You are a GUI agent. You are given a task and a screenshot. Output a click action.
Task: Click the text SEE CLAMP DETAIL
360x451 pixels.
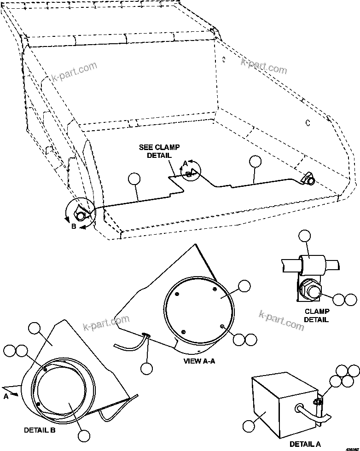point(159,151)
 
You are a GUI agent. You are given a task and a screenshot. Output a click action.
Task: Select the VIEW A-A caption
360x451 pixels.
point(198,361)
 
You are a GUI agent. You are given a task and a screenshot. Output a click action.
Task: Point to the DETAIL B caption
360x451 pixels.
point(40,430)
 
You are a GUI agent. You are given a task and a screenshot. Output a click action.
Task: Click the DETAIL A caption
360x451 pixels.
point(305,444)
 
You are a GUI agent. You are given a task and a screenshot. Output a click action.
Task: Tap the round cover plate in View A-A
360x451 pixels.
point(198,306)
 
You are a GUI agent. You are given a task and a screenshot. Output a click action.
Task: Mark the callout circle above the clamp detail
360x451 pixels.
point(305,236)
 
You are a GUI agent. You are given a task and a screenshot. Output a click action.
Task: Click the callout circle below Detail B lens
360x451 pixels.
point(83,436)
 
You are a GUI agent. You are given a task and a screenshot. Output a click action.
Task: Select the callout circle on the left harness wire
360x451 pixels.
point(134,179)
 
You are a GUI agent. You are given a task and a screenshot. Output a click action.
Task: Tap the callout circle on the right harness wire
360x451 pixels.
point(255,161)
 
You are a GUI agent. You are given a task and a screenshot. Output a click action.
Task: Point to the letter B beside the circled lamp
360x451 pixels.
point(73,227)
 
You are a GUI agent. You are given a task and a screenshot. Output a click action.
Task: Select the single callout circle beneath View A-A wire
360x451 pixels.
point(146,368)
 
